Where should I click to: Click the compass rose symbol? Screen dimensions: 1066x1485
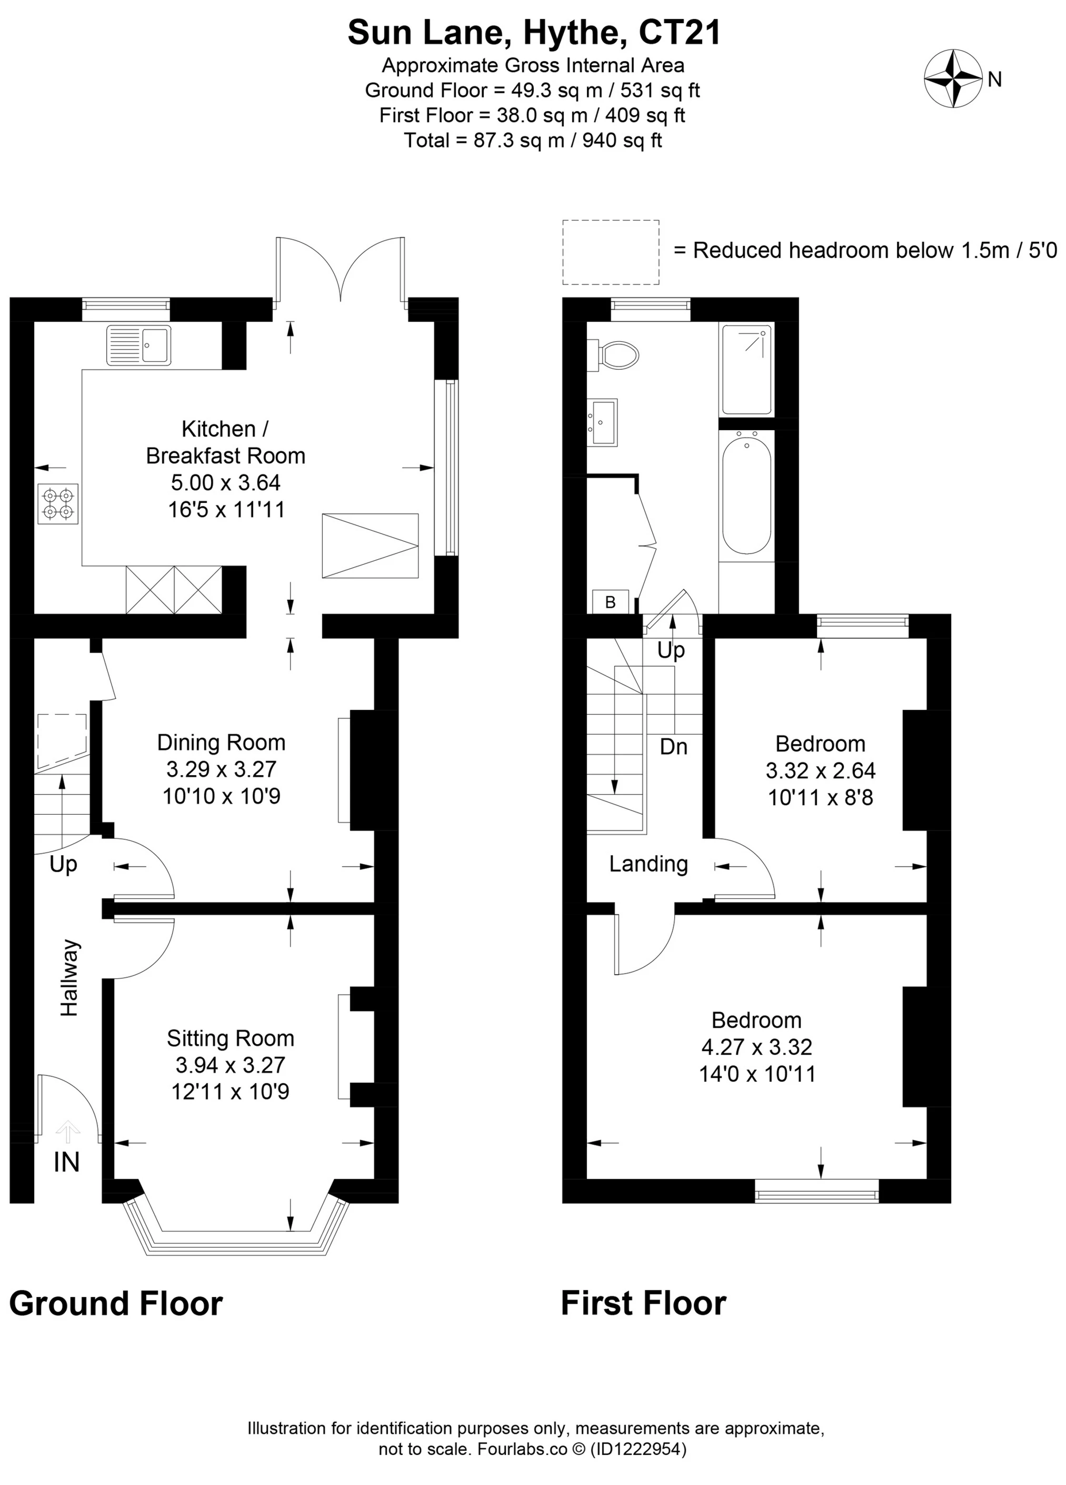point(952,78)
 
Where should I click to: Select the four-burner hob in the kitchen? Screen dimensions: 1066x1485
point(58,503)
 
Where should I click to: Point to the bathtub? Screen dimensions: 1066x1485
point(746,496)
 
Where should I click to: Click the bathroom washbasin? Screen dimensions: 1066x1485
point(602,422)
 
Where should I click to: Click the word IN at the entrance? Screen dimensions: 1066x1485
point(67,1162)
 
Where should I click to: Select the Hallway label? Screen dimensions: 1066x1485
point(69,977)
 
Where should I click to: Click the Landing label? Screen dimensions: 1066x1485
point(649,864)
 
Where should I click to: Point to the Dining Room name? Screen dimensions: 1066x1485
point(221,742)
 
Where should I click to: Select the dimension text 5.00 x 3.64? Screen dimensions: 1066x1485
point(226,482)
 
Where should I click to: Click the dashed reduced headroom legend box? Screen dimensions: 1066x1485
point(611,252)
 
